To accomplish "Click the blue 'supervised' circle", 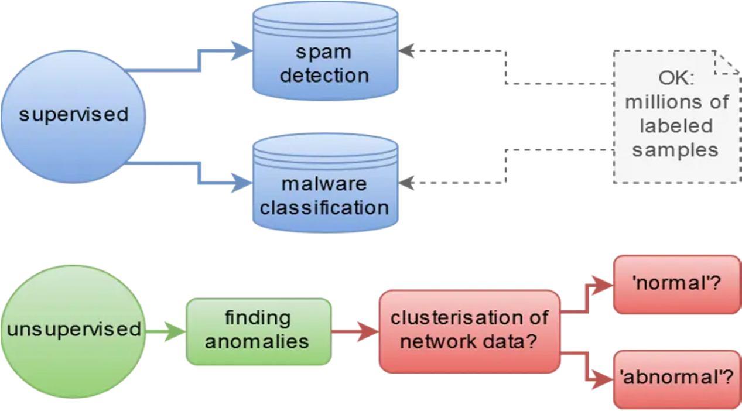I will coord(73,114).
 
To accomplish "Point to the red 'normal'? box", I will coord(676,285).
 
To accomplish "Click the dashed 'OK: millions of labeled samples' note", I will coord(676,117).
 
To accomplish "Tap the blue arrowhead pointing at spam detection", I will coord(242,51).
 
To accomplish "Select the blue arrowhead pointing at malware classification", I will coord(242,183).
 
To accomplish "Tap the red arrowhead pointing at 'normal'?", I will coord(602,285).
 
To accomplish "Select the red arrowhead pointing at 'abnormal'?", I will coord(602,379).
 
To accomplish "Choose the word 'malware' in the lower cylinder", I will coord(324,183).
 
